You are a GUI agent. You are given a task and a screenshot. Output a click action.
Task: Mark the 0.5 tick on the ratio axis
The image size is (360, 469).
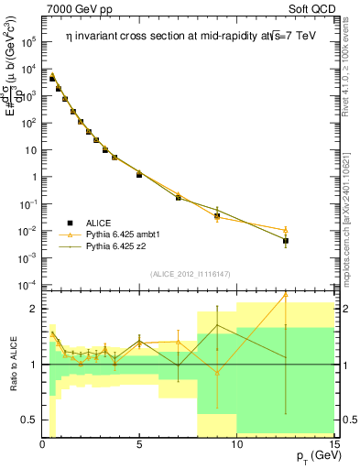pyautogui.click(x=29, y=420)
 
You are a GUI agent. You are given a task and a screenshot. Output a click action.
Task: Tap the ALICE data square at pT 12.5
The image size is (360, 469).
pyautogui.click(x=286, y=241)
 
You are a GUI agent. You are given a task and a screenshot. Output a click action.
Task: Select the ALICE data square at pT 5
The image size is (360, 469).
pyautogui.click(x=139, y=173)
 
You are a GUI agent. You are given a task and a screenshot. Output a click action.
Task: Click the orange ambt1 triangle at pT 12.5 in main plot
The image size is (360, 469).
pyautogui.click(x=286, y=230)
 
